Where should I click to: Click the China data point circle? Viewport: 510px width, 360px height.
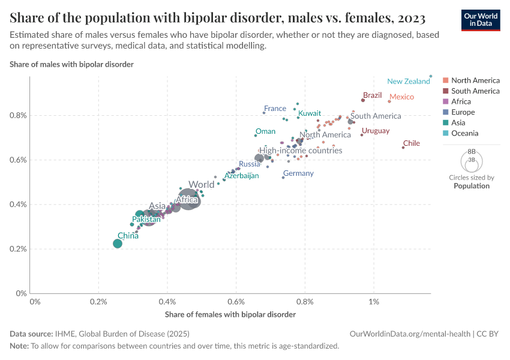tap(118, 243)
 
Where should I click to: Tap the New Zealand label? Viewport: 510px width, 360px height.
tap(408, 82)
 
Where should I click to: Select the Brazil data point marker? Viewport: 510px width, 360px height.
tap(363, 100)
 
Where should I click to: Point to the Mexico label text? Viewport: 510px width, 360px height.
tap(401, 97)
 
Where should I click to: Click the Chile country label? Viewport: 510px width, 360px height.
tap(412, 143)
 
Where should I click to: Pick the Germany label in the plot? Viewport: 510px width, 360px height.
tap(298, 173)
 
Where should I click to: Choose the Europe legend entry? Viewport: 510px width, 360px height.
tap(463, 112)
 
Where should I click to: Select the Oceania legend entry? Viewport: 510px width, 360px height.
tap(464, 133)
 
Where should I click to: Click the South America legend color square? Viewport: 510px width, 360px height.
tap(445, 91)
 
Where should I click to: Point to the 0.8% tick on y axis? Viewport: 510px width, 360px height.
tap(19, 115)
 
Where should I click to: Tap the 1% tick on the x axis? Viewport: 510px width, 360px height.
tap(374, 302)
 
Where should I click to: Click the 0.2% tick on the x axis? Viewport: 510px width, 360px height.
tap(98, 302)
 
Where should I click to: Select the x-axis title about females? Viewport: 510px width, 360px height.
tap(230, 314)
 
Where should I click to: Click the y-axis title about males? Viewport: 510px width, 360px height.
tap(71, 64)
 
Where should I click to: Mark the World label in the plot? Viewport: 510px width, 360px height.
tap(201, 185)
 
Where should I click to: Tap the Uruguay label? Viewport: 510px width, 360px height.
tap(376, 131)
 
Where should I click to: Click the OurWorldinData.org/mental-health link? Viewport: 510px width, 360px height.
tap(410, 334)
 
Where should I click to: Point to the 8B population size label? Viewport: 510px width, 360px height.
tap(472, 152)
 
